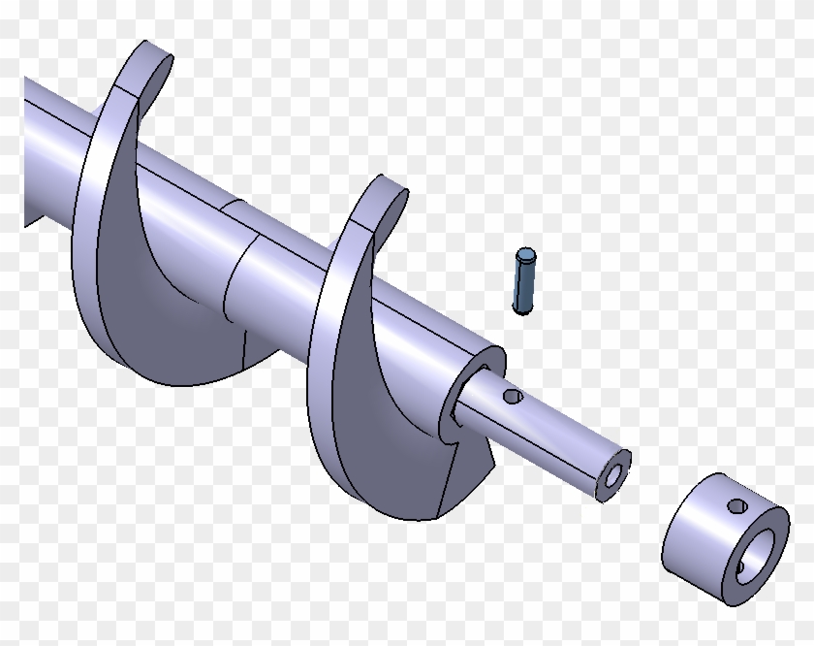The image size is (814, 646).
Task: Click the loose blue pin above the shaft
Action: [524, 283]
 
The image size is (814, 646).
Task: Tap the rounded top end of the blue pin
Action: [525, 256]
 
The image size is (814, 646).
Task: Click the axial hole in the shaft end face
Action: [612, 476]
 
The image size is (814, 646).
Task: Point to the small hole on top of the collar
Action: [737, 505]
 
